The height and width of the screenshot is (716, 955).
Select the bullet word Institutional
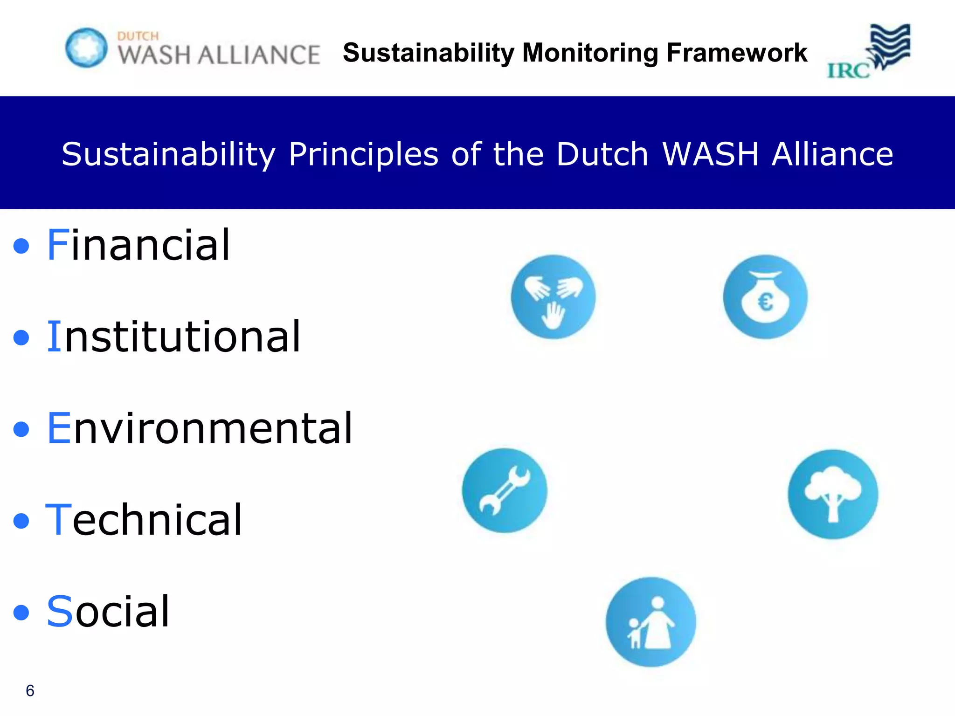(173, 337)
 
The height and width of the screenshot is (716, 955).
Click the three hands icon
(553, 297)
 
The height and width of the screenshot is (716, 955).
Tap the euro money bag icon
(765, 297)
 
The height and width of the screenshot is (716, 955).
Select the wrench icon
(505, 490)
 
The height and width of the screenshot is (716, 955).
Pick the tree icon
(833, 494)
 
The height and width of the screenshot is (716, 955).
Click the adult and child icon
(651, 622)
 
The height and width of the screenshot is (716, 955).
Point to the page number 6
(30, 690)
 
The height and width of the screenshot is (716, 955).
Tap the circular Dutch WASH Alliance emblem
(86, 48)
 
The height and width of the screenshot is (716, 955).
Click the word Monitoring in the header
(590, 53)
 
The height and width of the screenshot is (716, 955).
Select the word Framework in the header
(737, 53)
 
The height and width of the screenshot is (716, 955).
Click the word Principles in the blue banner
(364, 154)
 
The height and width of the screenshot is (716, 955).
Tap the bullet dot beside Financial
(21, 246)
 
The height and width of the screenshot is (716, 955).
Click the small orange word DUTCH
(138, 36)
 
